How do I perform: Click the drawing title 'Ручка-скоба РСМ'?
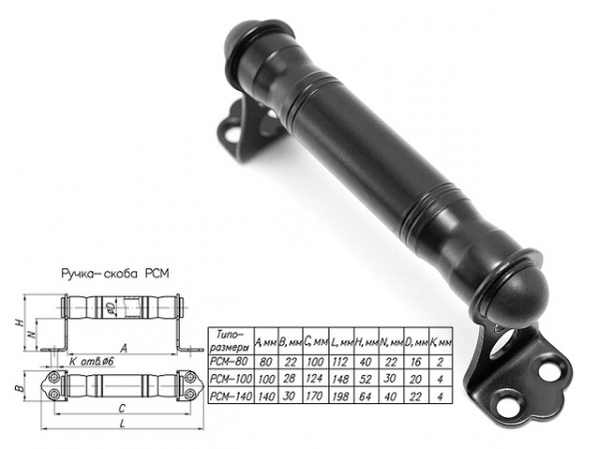click(115, 273)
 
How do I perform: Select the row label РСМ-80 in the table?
click(230, 361)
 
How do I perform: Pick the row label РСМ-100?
click(231, 378)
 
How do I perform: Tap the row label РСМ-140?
click(231, 395)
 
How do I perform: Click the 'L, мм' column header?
click(340, 343)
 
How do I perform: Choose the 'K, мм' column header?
click(440, 343)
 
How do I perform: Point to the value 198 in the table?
click(340, 396)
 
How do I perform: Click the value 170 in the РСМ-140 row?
click(314, 396)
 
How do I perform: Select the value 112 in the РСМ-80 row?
click(340, 361)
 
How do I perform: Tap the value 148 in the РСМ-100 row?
click(340, 379)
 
